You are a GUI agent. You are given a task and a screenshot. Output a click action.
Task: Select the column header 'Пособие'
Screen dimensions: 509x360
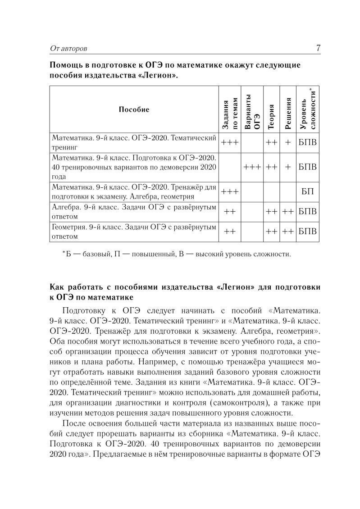point(134,109)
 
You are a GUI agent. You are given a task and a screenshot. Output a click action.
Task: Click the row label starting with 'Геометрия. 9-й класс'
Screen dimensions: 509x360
point(134,232)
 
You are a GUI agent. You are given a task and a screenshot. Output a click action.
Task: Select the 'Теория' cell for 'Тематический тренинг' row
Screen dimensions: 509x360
point(271,142)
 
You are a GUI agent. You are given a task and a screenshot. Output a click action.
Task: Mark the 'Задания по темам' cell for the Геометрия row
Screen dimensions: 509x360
point(230,232)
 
